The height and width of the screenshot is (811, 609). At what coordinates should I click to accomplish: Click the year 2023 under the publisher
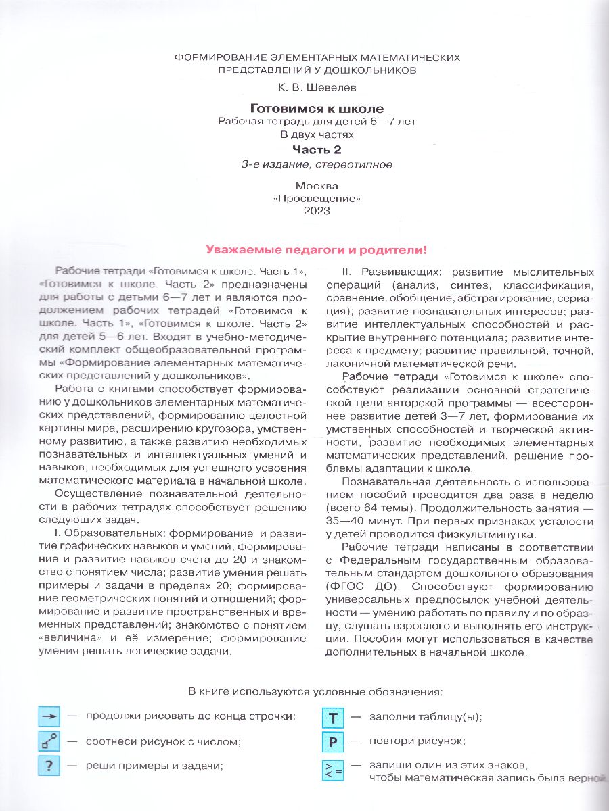tap(317, 211)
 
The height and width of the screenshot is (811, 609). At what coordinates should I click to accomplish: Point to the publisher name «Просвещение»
tap(317, 198)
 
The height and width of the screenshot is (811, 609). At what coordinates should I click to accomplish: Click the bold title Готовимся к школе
tap(317, 109)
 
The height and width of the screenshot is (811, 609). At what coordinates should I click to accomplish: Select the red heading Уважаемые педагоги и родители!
tap(316, 249)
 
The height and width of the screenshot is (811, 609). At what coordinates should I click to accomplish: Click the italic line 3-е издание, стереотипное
tap(317, 164)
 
